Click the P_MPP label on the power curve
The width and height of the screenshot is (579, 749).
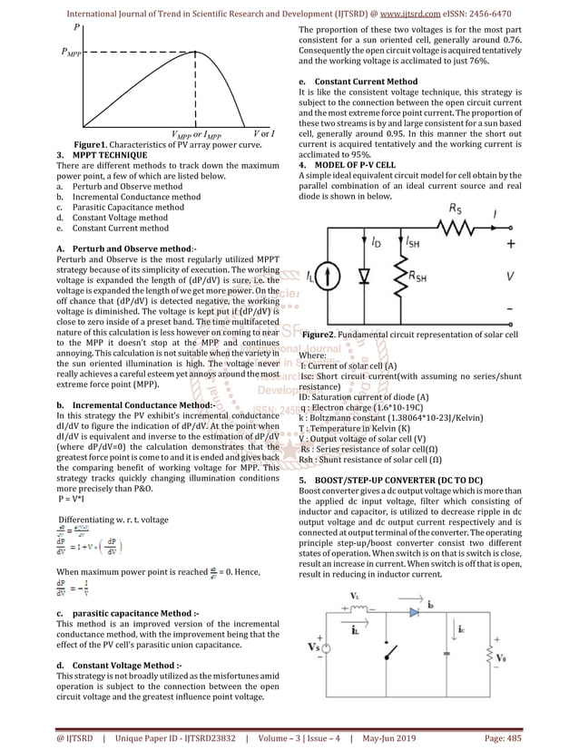coord(69,53)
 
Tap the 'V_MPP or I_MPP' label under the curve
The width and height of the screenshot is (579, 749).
coord(196,135)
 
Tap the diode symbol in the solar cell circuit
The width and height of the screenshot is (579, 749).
coord(367,274)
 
